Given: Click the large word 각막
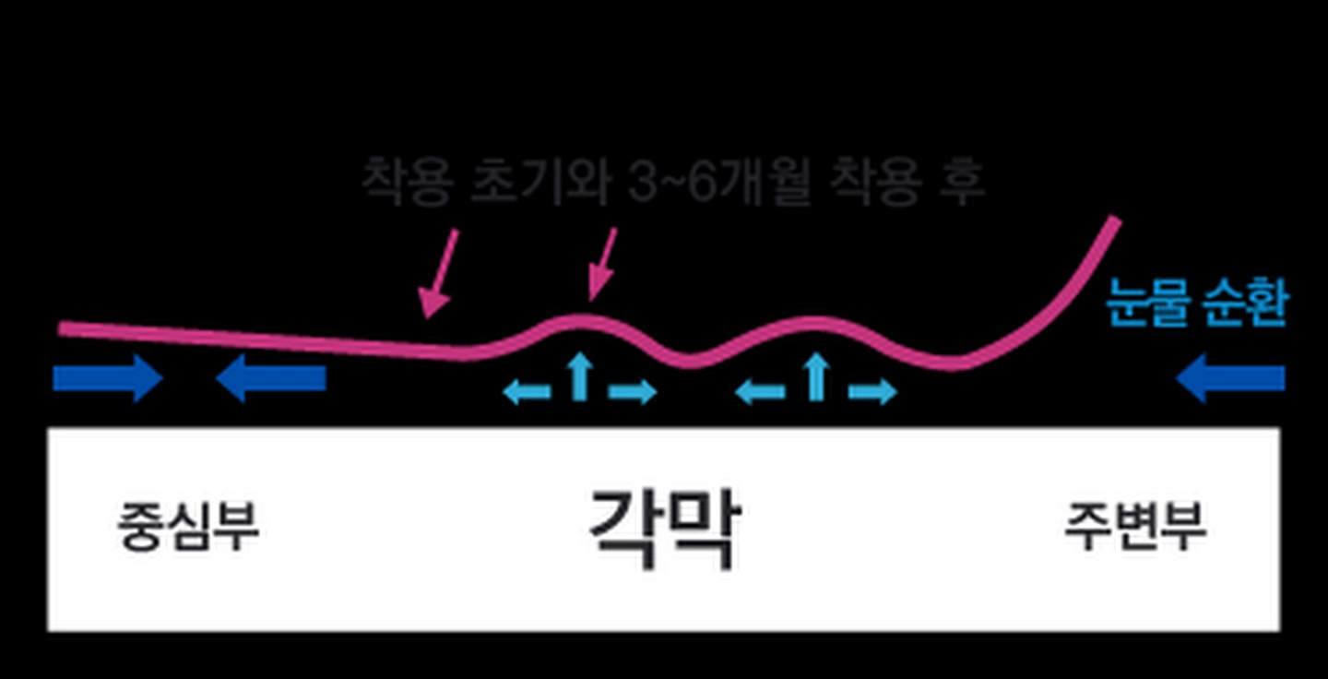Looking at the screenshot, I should (x=663, y=528).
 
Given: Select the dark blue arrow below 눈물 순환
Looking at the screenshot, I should (x=1230, y=378).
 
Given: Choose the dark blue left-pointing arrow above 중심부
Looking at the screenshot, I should (x=270, y=378).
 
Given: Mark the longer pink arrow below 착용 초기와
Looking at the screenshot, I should (x=438, y=274).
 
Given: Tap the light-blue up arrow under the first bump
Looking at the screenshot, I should (x=579, y=377).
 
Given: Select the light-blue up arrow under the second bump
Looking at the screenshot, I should (x=815, y=377).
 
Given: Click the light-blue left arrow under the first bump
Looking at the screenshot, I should (x=527, y=393).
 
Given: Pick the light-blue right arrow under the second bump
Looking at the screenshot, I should (x=872, y=392).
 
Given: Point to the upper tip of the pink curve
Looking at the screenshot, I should (x=1115, y=220).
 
